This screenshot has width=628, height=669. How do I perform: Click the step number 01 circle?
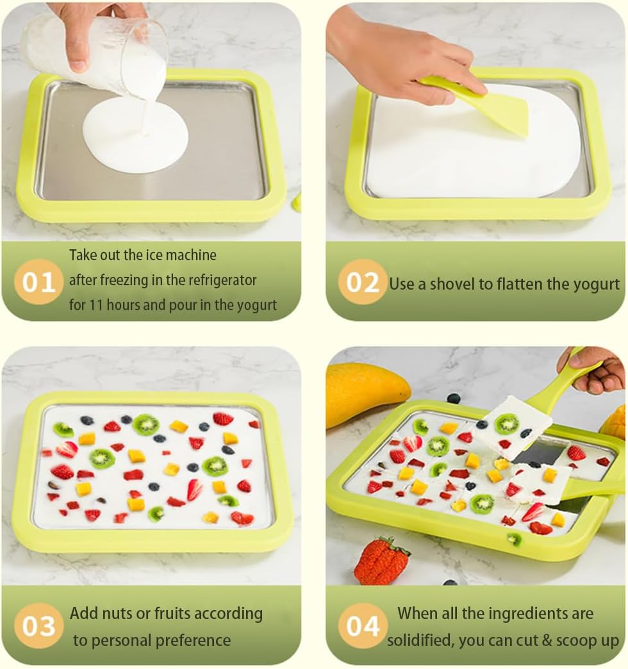point(38,281)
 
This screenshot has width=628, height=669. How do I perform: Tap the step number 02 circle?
point(363,281)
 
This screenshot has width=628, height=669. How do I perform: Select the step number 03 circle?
point(38,625)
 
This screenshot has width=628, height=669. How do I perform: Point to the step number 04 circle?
point(363,625)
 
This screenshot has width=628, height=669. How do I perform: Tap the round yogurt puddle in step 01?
point(135,135)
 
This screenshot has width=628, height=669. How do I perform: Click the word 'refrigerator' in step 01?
point(222,280)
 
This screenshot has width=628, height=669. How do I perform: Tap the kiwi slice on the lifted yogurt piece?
point(507,423)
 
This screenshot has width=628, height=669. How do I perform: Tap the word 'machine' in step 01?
point(191,255)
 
